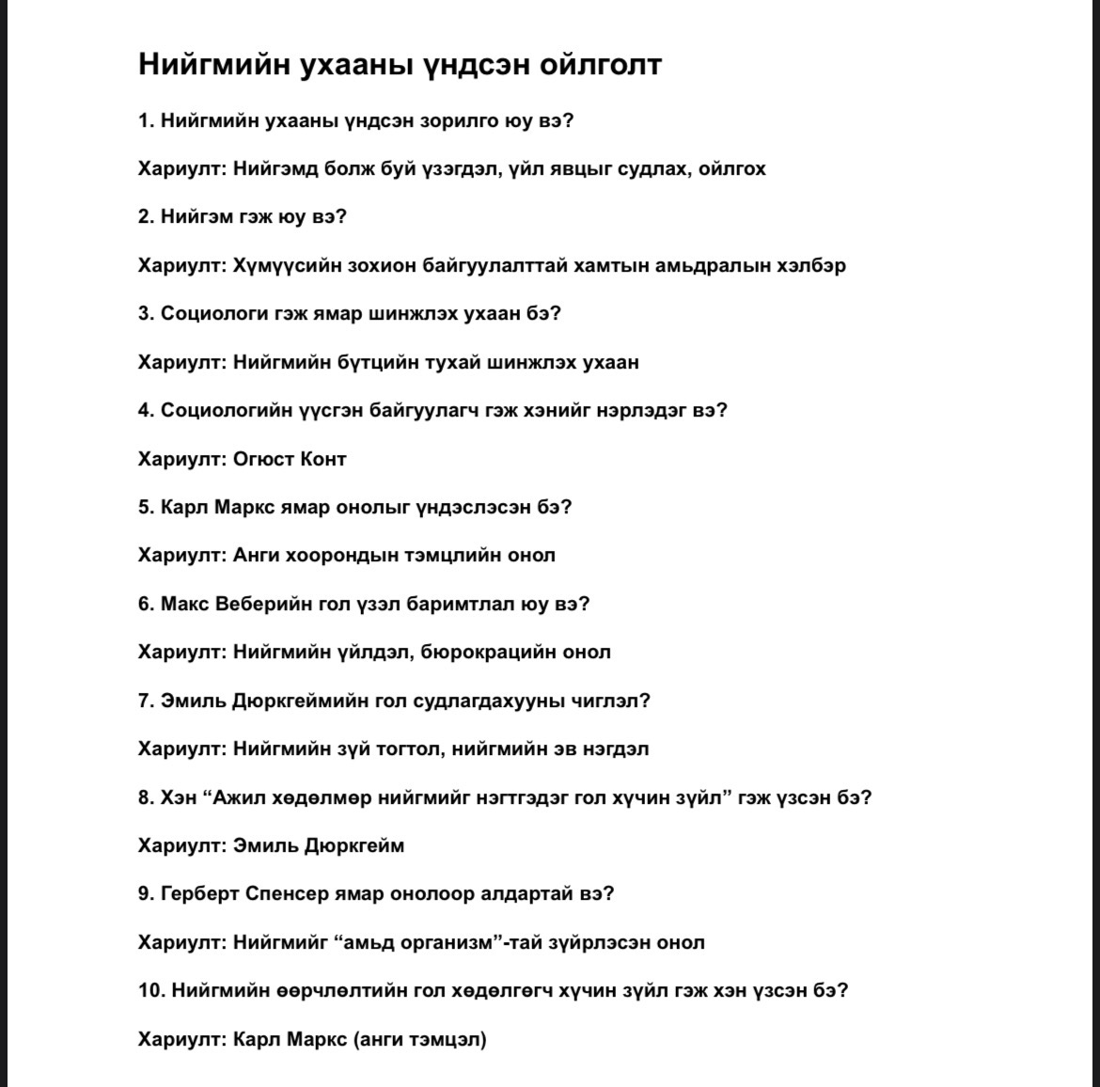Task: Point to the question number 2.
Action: click(x=146, y=216)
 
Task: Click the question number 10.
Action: click(x=150, y=990)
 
